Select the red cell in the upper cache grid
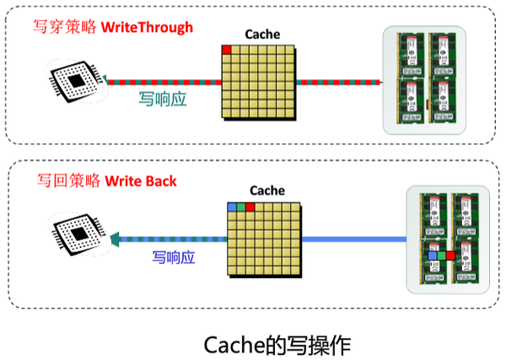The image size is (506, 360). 226,49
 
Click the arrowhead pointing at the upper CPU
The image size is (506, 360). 107,82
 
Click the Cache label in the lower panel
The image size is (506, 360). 267,191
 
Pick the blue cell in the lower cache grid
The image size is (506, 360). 232,206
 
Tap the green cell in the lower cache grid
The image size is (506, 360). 242,206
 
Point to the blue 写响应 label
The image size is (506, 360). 174,256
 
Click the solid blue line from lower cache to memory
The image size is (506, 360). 354,239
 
